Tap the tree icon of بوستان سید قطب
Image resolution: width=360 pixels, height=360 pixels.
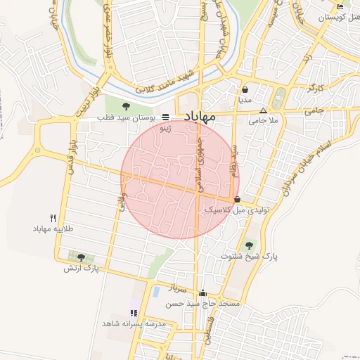[126, 106]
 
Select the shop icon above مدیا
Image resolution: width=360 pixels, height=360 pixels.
[245, 90]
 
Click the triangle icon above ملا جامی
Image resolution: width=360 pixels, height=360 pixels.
[264, 110]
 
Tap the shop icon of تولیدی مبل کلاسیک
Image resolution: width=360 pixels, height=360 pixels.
[237, 199]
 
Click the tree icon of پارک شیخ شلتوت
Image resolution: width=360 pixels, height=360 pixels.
[249, 245]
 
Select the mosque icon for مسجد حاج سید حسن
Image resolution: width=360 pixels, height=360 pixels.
[203, 293]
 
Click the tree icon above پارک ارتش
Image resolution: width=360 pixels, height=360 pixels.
[81, 257]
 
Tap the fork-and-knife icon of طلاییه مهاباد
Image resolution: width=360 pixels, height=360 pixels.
[53, 218]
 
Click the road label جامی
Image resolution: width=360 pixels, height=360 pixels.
[314, 110]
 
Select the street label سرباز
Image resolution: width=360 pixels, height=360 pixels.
[175, 288]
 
